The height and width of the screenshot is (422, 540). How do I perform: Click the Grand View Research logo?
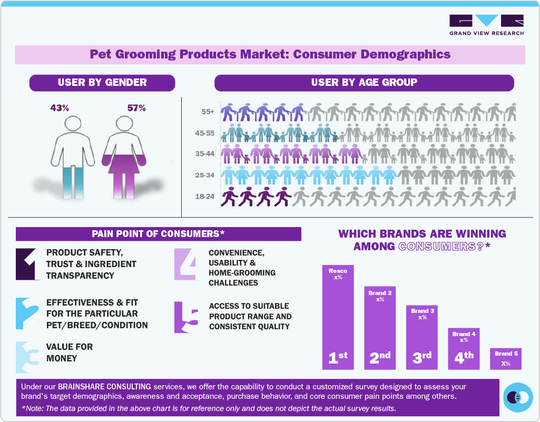[x=486, y=25]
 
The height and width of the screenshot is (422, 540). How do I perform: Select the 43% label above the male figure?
[x=60, y=108]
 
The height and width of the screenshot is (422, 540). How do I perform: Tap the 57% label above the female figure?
[x=136, y=108]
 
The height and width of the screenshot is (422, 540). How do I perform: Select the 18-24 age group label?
[x=204, y=197]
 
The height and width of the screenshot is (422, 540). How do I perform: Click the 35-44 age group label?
[x=204, y=154]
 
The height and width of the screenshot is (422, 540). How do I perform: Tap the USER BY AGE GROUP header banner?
[x=364, y=83]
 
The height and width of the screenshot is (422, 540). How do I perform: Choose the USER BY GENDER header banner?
[x=102, y=83]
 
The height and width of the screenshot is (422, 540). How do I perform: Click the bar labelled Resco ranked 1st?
[x=338, y=316]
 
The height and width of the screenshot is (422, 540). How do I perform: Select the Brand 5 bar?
[x=506, y=359]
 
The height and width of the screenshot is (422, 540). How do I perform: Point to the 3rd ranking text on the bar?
[x=422, y=358]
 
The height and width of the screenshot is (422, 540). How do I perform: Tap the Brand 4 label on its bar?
[x=464, y=334]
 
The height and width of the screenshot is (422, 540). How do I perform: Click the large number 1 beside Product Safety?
[x=27, y=263]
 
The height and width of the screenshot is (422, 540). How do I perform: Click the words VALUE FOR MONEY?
[x=70, y=352]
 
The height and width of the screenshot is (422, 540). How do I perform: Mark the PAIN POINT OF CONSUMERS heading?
[x=158, y=234]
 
